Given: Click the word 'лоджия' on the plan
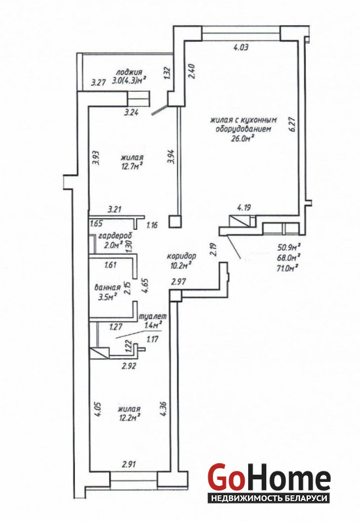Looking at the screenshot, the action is (x=129, y=72).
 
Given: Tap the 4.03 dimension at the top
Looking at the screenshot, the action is (x=241, y=48).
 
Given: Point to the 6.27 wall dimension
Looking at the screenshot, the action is (x=292, y=124).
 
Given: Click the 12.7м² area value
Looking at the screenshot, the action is (x=132, y=165).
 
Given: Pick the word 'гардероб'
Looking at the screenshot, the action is (x=115, y=236).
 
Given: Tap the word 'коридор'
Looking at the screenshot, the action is (x=182, y=256).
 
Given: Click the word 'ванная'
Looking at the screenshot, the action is (x=107, y=288).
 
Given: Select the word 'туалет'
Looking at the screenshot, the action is (x=153, y=317).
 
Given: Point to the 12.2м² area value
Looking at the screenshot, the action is (x=129, y=417).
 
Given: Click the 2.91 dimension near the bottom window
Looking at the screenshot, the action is (x=129, y=464).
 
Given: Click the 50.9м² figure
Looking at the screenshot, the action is (x=288, y=247).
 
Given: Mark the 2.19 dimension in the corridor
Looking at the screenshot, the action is (x=214, y=249).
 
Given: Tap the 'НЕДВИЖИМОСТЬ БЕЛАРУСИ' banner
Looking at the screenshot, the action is (x=269, y=499).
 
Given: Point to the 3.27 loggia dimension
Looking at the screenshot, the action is (x=98, y=82).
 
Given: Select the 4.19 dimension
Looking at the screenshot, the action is (x=243, y=208).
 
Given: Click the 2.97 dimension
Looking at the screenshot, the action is (x=178, y=282).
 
